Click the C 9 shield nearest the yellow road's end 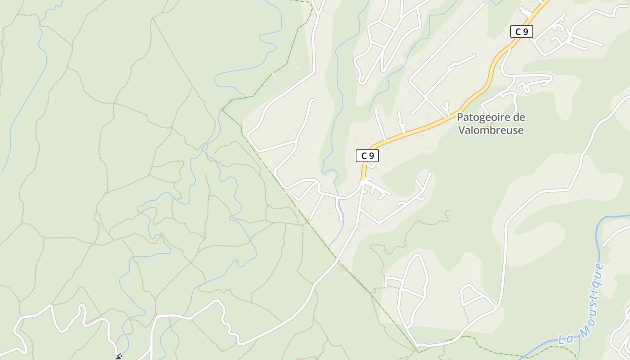tap(367, 156)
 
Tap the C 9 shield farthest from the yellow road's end tap(522, 31)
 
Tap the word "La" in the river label tap(565, 338)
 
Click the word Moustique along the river tap(591, 299)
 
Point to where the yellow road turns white tap(363, 180)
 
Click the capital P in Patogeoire tap(460, 117)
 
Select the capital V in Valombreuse tap(461, 130)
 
